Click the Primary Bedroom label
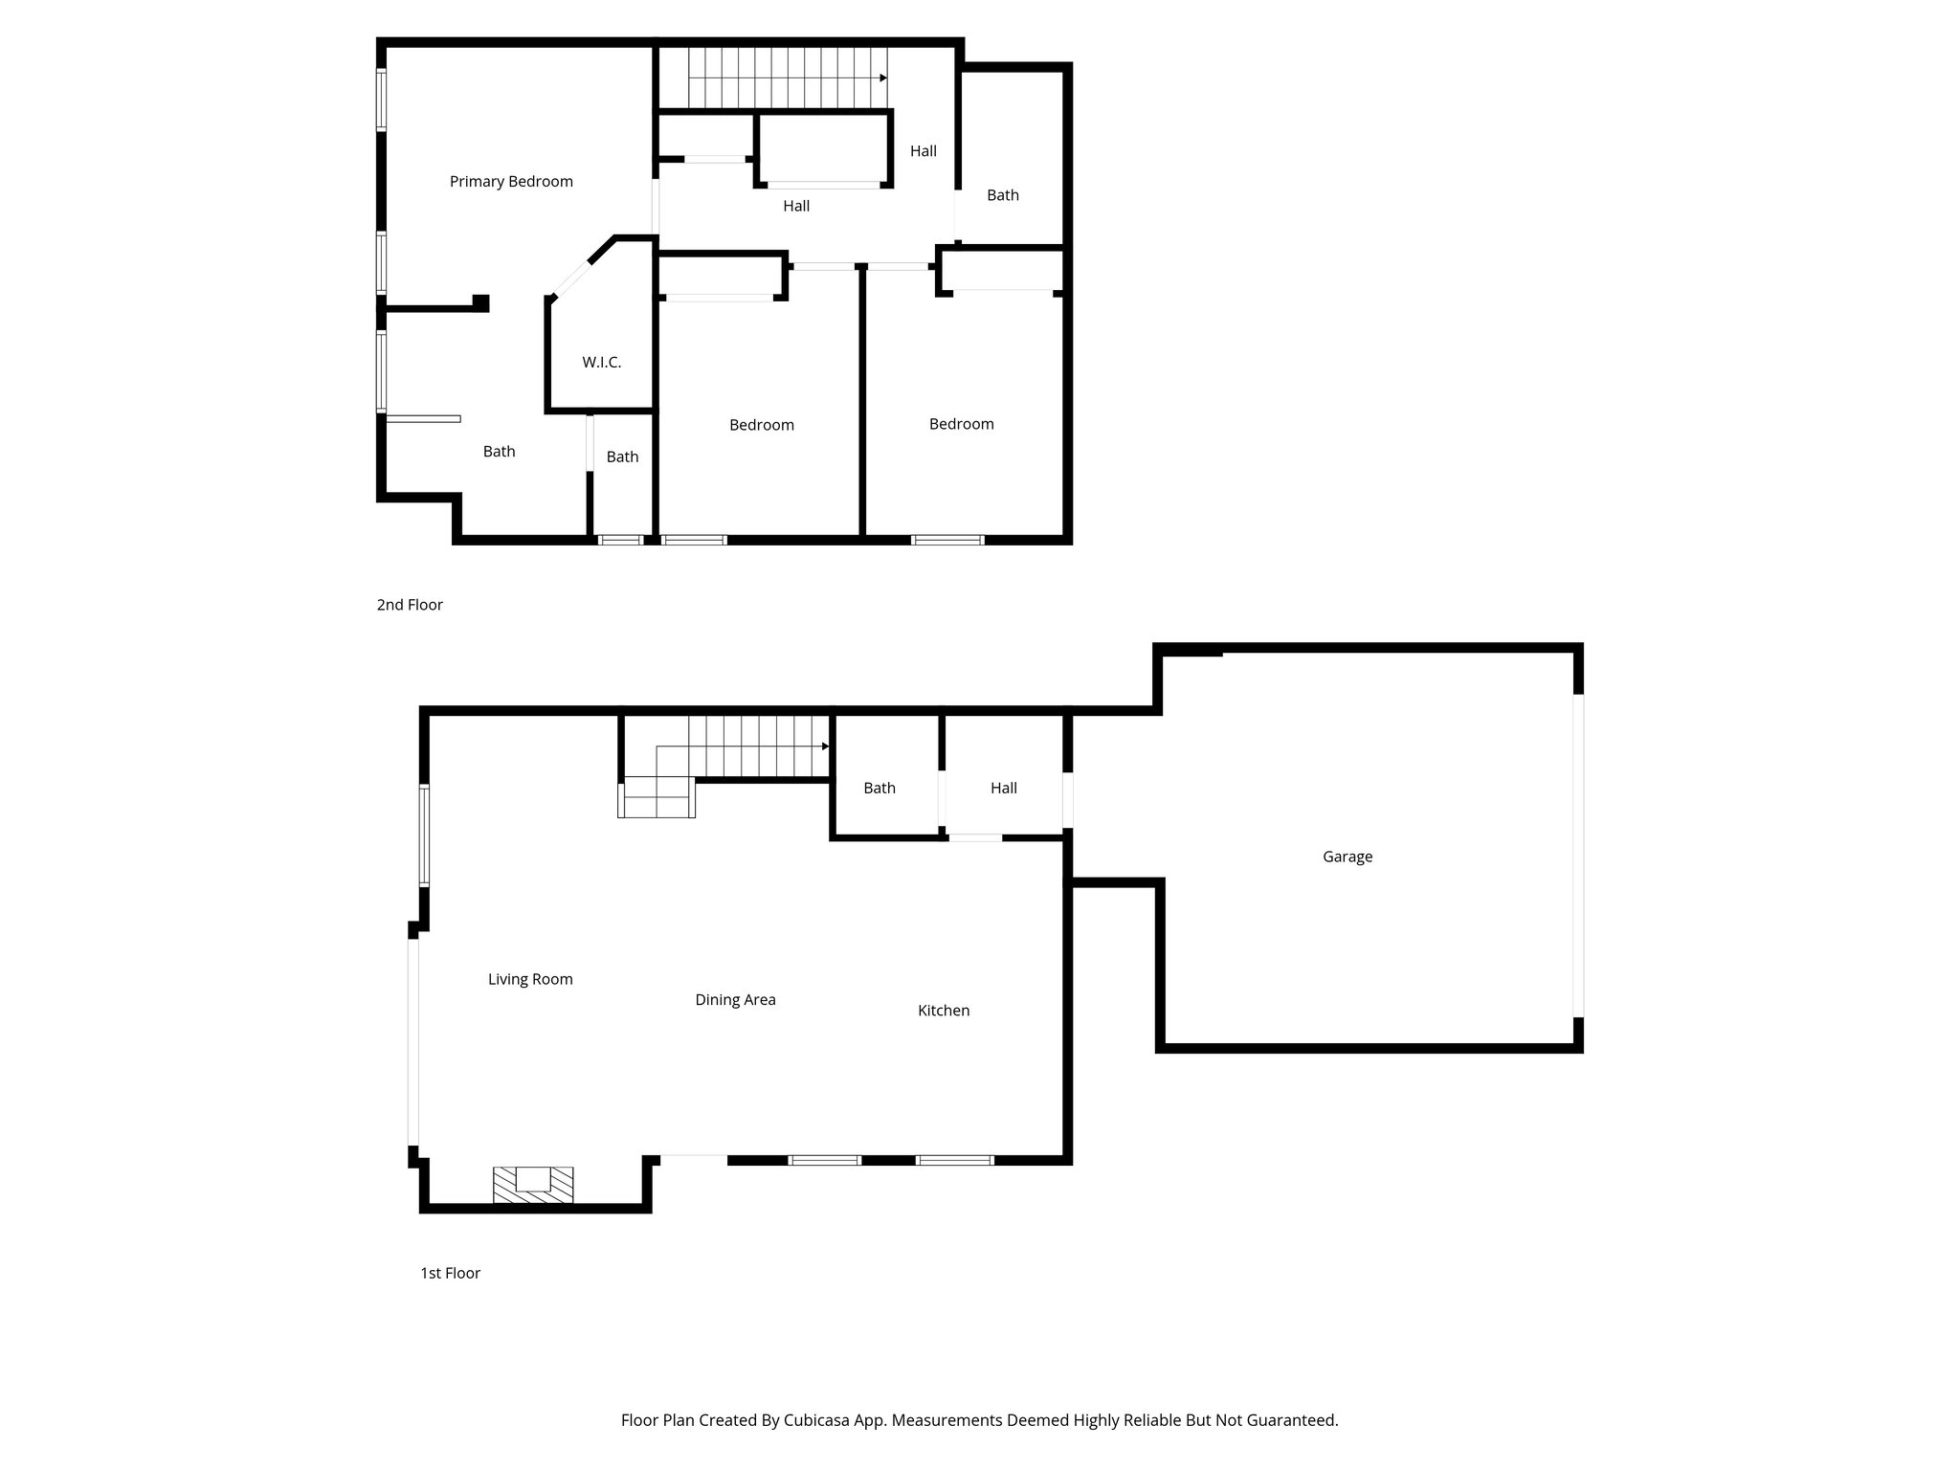[511, 182]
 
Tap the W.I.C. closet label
[601, 363]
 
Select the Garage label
[1347, 857]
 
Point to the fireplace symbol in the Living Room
[533, 1184]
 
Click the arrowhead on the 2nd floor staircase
[883, 78]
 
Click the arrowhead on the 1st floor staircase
[825, 746]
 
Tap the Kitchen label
[943, 1011]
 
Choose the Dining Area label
[735, 1000]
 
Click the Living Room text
[530, 979]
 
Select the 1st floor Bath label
[879, 789]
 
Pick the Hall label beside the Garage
[1003, 789]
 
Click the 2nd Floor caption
[410, 605]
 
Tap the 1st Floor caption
[450, 1273]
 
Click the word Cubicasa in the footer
[819, 1420]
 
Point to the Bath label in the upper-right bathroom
[1002, 195]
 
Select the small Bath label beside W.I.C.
[622, 457]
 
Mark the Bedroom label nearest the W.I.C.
[761, 425]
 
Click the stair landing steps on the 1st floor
[657, 798]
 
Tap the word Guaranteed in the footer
[1293, 1420]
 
